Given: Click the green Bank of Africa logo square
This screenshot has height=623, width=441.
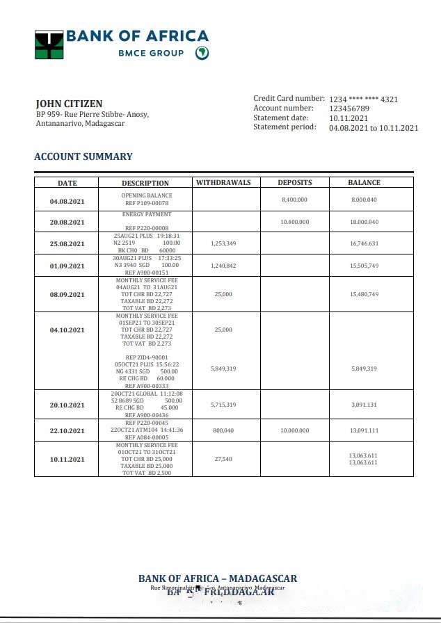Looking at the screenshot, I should click(49, 44).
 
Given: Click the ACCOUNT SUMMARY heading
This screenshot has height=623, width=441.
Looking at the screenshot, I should click(83, 156).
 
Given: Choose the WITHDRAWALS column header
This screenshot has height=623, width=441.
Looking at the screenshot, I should click(223, 183).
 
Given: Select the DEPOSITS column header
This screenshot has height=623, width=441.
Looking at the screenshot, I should click(295, 183).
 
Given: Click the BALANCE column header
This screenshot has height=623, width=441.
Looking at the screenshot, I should click(364, 183).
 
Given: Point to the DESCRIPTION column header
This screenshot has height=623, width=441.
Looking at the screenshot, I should click(145, 184).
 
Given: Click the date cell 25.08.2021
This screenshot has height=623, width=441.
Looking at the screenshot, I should click(67, 244).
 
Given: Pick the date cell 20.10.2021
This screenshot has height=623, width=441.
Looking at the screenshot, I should click(67, 405).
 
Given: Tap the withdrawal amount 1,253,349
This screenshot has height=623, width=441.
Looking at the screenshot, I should click(223, 243).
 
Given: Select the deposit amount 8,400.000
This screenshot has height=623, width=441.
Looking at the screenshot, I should click(294, 200).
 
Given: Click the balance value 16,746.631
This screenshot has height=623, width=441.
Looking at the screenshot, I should click(364, 243).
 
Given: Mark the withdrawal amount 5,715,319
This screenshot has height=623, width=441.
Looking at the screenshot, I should click(223, 404).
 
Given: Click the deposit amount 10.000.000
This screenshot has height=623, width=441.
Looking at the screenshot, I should click(294, 430).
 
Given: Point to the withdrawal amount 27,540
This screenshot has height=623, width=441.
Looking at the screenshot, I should click(223, 459).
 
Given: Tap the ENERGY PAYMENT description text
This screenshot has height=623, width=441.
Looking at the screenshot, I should click(146, 215).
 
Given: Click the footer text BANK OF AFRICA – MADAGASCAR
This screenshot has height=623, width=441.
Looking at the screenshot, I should click(218, 578).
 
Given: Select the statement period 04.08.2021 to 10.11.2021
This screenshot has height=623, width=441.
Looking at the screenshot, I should click(374, 128).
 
